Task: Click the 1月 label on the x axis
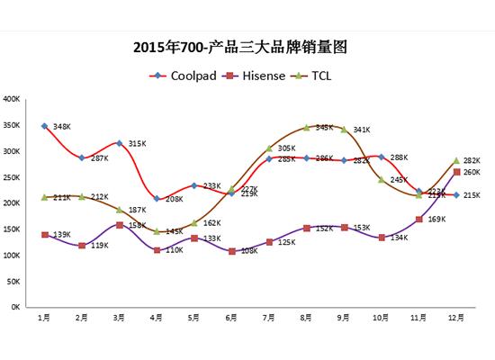[43, 318]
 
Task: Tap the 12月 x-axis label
[456, 318]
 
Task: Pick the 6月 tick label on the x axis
[231, 318]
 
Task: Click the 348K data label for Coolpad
[62, 126]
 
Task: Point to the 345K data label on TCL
[325, 128]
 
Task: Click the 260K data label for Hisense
[472, 172]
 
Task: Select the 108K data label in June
[249, 251]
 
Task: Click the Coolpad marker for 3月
[119, 143]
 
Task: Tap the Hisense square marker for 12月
[456, 172]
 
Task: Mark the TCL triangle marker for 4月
[157, 231]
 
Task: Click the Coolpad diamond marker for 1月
[44, 126]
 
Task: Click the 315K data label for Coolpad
[137, 143]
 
